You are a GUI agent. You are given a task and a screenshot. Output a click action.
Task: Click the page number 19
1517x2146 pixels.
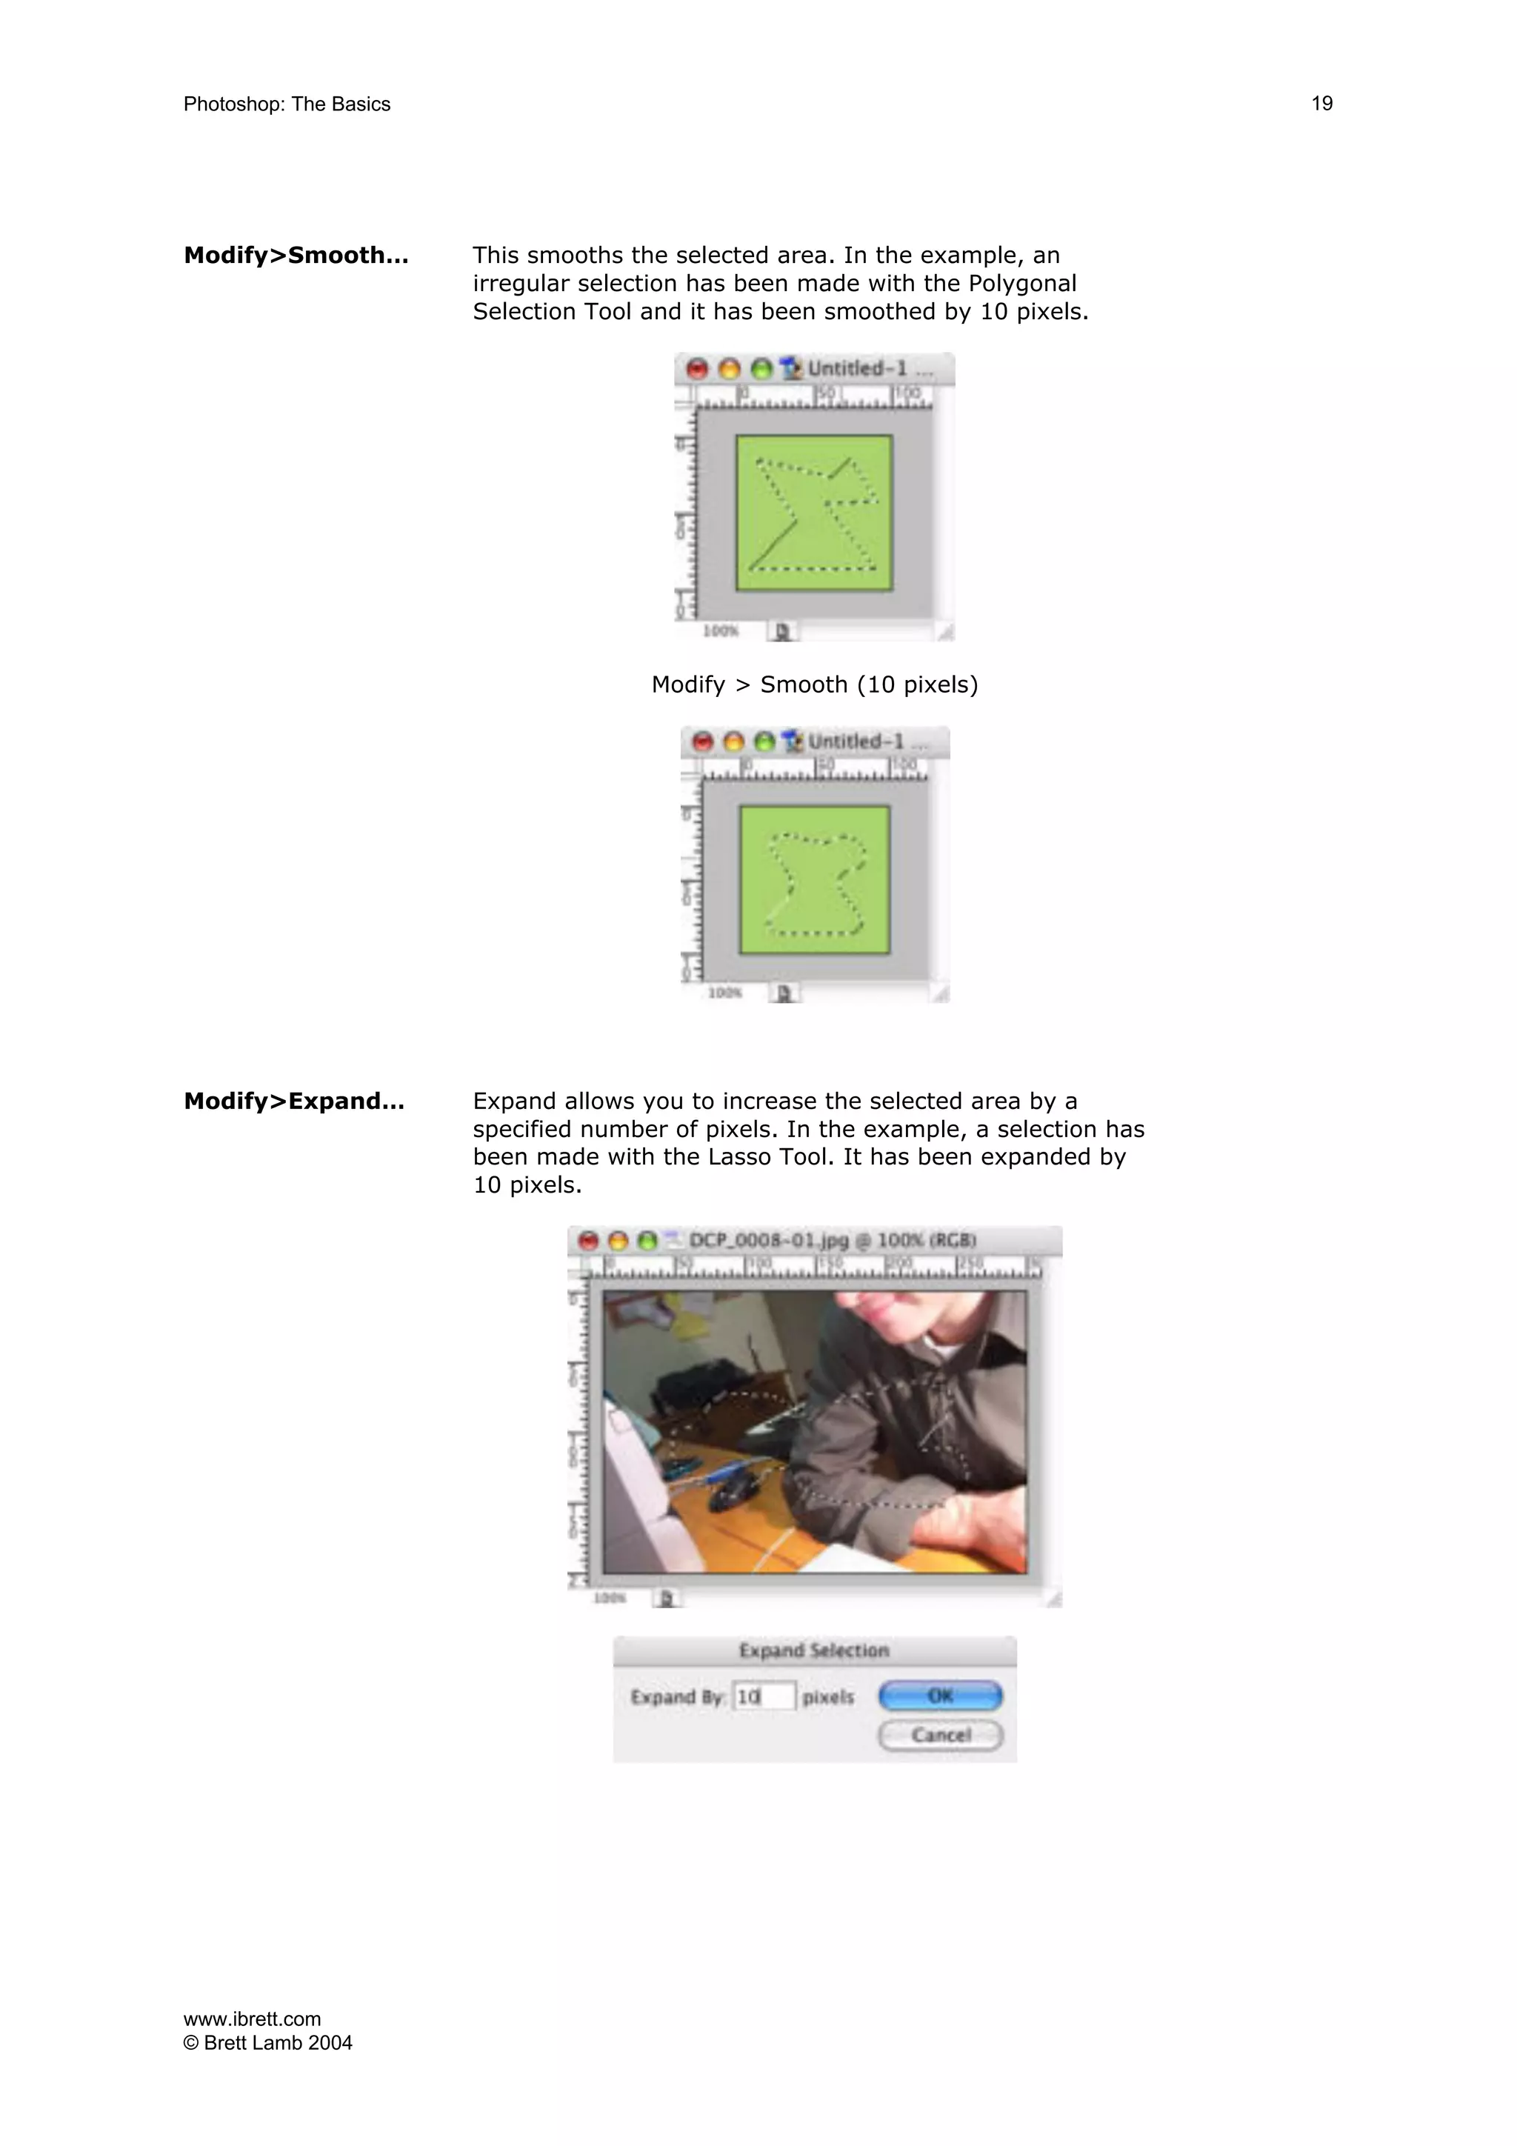[x=1321, y=104]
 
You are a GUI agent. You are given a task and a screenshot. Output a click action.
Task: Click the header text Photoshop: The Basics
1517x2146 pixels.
[x=286, y=104]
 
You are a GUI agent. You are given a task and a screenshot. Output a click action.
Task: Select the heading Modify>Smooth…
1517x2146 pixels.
[x=296, y=255]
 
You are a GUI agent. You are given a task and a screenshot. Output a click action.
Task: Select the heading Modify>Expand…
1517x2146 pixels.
[x=293, y=1101]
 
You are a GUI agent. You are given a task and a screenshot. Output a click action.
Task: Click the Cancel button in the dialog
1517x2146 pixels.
[x=940, y=1735]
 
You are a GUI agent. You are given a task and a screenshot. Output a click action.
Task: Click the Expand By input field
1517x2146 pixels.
[x=764, y=1696]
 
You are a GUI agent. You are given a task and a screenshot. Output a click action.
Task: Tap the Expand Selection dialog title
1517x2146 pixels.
[x=813, y=1650]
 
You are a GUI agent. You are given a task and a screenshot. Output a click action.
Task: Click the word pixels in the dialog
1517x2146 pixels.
[x=827, y=1696]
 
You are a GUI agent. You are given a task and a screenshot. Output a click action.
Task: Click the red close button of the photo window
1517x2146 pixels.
[x=588, y=1242]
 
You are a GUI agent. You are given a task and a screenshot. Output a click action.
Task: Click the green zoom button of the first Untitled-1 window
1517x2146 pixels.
[x=761, y=369]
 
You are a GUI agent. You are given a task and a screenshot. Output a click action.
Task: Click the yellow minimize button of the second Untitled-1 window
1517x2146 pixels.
[x=734, y=742]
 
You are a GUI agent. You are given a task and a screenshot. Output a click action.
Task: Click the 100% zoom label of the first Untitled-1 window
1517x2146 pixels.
[x=720, y=631]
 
